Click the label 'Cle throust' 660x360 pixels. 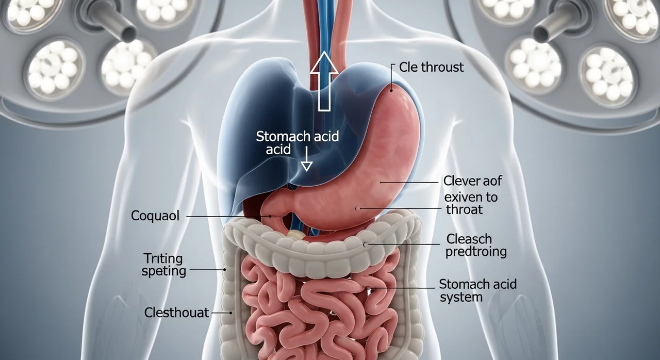click(x=432, y=67)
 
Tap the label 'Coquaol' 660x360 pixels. click(x=155, y=216)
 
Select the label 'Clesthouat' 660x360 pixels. click(x=176, y=313)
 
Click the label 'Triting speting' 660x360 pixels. click(x=163, y=265)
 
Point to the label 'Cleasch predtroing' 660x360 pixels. click(x=476, y=246)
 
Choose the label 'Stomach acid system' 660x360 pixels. click(x=477, y=290)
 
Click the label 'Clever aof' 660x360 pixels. click(x=472, y=181)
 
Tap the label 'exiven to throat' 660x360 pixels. click(x=471, y=204)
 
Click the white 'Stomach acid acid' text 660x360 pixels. click(x=298, y=143)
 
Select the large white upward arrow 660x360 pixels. click(x=324, y=81)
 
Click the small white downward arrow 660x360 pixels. click(x=306, y=159)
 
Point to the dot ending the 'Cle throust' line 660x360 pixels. click(x=391, y=90)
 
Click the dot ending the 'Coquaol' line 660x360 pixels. click(x=270, y=217)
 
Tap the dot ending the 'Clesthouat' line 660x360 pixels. click(x=230, y=313)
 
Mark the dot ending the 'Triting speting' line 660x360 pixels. click(x=224, y=270)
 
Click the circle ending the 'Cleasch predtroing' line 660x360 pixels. click(x=366, y=244)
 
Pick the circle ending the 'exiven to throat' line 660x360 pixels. click(x=357, y=208)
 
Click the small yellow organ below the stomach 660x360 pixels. click(x=296, y=235)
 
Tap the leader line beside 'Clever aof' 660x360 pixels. click(x=409, y=183)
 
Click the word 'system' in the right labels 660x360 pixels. click(x=461, y=297)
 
